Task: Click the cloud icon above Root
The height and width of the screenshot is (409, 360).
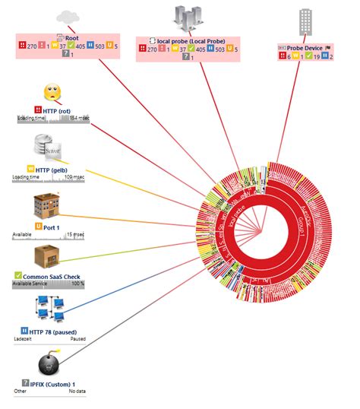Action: (x=67, y=16)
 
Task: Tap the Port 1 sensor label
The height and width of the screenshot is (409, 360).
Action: (x=53, y=226)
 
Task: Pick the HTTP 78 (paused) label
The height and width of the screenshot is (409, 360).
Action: (x=53, y=331)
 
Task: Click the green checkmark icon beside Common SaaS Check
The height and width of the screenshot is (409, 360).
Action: (x=18, y=275)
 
